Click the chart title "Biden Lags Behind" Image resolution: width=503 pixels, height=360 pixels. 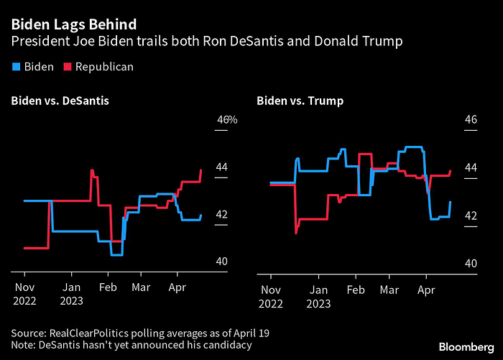click(74, 24)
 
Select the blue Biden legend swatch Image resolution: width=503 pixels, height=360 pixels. click(16, 67)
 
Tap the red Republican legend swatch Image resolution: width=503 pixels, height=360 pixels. click(68, 67)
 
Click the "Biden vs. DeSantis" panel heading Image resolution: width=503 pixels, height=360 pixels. click(60, 101)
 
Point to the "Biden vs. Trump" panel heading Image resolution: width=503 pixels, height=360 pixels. click(300, 101)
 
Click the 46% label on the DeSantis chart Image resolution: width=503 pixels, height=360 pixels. click(227, 120)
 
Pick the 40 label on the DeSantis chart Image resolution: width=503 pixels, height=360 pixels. click(221, 261)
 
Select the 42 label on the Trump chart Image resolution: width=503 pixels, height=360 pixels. click(471, 216)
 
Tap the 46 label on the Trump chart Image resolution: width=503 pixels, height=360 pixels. click(471, 120)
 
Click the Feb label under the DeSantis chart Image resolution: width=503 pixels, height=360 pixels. click(108, 287)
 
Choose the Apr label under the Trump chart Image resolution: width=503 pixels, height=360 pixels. click(426, 290)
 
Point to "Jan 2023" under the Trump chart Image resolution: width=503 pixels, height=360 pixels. click(318, 297)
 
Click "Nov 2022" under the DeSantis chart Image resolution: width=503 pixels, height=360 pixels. click(24, 294)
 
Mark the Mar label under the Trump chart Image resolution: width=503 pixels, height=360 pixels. click(389, 290)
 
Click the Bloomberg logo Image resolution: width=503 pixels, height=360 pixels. click(466, 347)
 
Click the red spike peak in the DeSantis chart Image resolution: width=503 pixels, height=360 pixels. click(92, 170)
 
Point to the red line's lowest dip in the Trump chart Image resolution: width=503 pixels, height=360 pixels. click(296, 232)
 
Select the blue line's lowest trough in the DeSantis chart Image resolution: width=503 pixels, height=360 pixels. click(116, 255)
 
